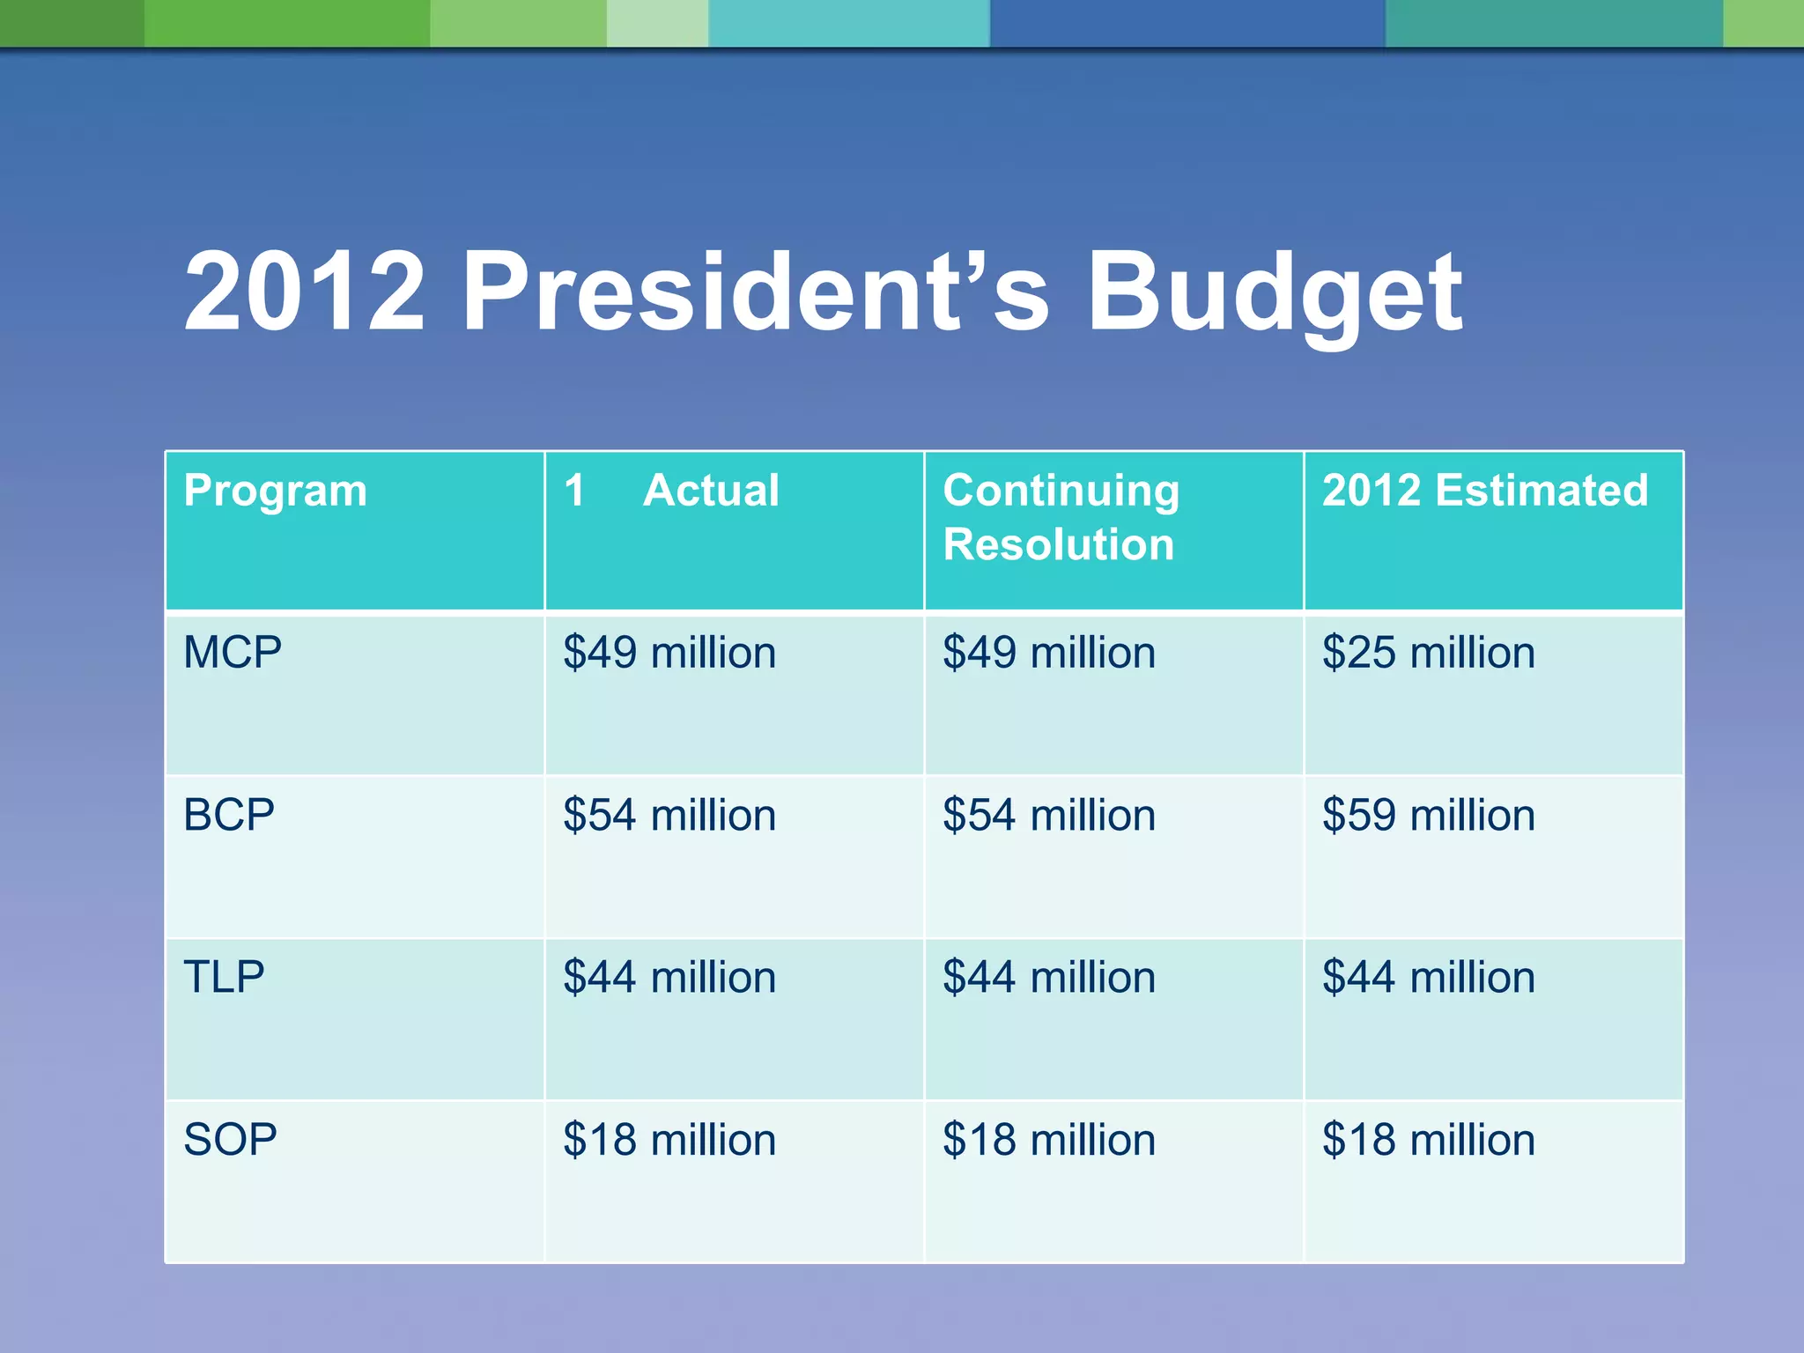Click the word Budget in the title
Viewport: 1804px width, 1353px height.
point(1274,293)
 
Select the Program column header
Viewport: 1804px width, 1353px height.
point(275,491)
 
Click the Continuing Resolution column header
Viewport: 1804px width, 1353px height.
point(1060,517)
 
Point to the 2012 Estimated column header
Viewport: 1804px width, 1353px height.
point(1484,491)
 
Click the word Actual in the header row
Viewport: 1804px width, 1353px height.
point(711,491)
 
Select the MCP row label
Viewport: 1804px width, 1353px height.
point(233,653)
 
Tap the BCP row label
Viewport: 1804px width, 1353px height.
point(229,815)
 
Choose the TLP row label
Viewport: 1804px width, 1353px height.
point(224,977)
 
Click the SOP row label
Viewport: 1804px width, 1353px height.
point(230,1139)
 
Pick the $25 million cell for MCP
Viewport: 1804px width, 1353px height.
point(1428,653)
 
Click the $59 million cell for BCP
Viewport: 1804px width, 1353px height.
point(1428,815)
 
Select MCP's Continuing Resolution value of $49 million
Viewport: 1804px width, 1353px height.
point(1048,653)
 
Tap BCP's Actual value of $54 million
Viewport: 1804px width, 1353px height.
point(669,815)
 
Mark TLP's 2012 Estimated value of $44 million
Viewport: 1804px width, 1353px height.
point(1428,977)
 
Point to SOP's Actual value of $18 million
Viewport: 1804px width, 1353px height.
point(669,1139)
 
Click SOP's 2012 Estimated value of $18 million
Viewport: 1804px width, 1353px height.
point(1428,1139)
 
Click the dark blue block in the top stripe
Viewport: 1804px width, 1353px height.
point(1187,23)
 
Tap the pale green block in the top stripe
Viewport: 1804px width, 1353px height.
point(657,23)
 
